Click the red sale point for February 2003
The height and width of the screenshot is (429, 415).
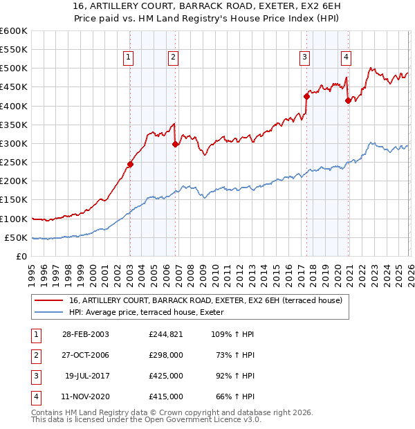[x=130, y=165]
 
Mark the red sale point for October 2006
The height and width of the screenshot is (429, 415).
[x=175, y=145]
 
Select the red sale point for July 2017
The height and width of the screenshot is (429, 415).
[x=306, y=97]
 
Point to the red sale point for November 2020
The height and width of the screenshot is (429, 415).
[x=348, y=100]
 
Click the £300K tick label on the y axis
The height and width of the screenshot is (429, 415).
[x=13, y=143]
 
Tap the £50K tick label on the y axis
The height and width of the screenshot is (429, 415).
[x=16, y=237]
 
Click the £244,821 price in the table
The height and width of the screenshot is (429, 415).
[x=165, y=334]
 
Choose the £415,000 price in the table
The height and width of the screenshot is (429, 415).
[x=165, y=397]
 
